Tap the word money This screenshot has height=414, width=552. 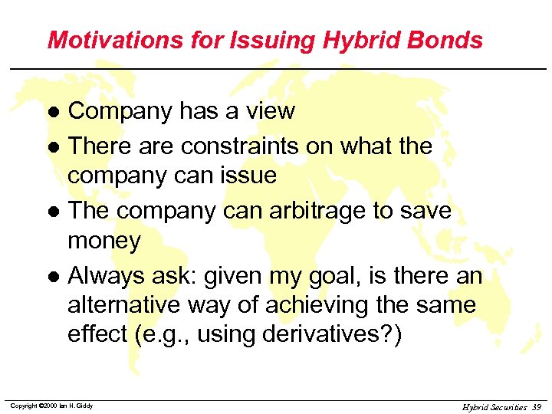pyautogui.click(x=104, y=242)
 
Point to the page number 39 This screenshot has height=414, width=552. pyautogui.click(x=534, y=406)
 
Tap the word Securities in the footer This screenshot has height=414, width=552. pyautogui.click(x=507, y=406)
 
